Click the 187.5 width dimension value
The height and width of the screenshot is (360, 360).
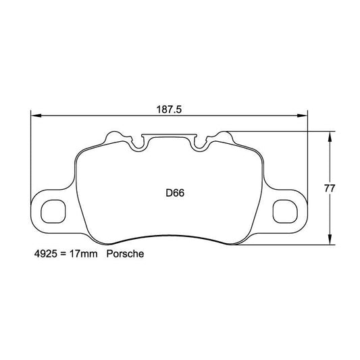(168, 108)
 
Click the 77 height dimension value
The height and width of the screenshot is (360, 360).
(330, 188)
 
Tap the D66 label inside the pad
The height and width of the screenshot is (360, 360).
(175, 192)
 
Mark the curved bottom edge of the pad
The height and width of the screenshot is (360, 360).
(169, 236)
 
